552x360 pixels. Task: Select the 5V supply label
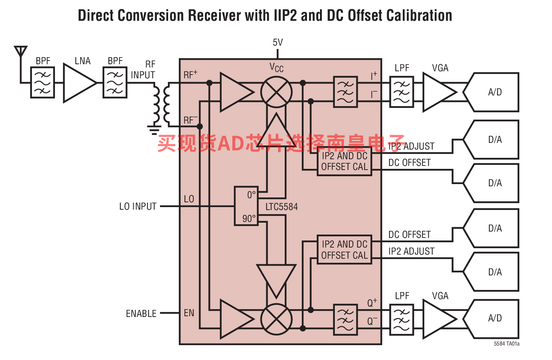point(278,42)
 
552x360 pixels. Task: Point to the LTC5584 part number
point(281,207)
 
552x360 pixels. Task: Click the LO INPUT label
point(138,206)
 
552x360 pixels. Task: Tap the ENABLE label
point(141,314)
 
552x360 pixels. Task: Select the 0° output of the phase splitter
point(251,195)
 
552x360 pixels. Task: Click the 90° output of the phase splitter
point(249,219)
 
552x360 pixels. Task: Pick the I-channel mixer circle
point(276,92)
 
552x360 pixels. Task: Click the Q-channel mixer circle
point(276,319)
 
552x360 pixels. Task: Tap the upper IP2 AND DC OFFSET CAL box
point(344,161)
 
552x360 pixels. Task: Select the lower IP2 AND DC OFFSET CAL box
point(344,250)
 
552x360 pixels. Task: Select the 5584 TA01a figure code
point(506,344)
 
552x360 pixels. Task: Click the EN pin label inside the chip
point(189,313)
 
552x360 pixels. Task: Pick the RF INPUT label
point(143,70)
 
